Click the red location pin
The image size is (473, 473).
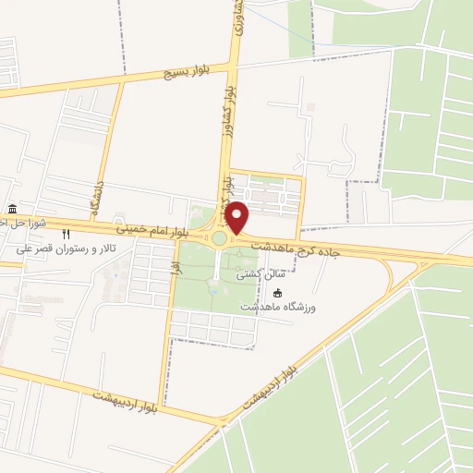coord(237,217)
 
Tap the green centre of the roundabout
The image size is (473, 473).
coord(220,238)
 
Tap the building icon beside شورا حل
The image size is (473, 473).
coord(11,209)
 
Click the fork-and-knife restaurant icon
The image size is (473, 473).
coord(67,235)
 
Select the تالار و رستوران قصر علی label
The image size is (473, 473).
coord(63,249)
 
